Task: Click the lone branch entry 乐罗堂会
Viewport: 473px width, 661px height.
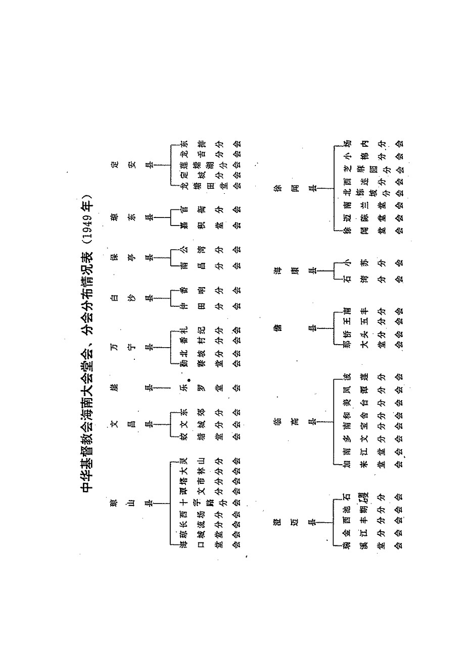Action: point(209,389)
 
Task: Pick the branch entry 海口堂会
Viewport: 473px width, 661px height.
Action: point(209,543)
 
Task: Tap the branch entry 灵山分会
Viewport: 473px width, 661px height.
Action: point(209,461)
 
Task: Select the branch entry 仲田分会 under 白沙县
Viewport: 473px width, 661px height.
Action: point(209,305)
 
